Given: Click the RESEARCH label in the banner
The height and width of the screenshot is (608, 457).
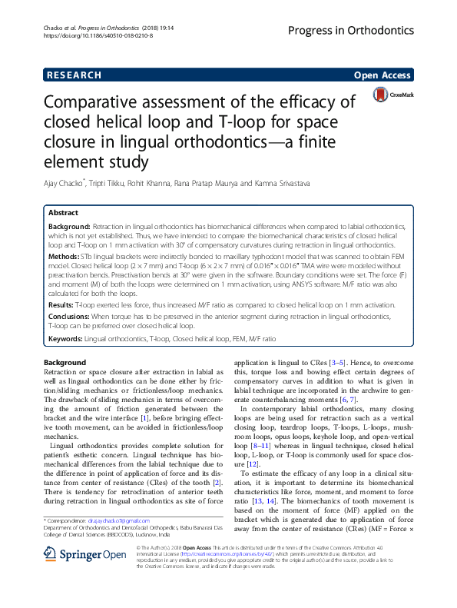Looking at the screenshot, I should click(73, 75).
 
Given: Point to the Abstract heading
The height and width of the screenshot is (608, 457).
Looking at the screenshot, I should click(63, 212).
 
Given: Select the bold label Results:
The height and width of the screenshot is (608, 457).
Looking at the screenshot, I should click(64, 305).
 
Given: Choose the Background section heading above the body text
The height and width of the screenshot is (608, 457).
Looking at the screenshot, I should click(65, 362).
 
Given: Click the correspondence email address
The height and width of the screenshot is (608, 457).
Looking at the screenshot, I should click(120, 521).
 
